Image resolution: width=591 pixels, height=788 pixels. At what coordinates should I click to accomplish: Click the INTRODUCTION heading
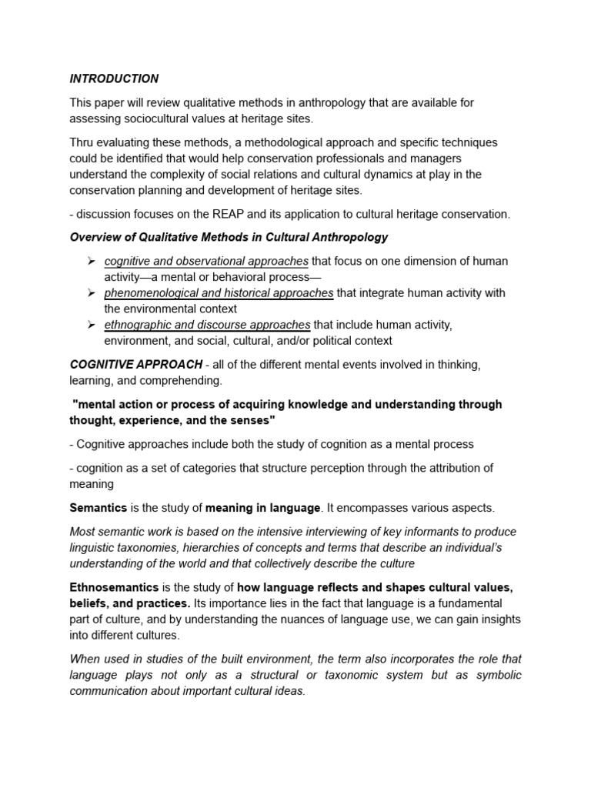[x=114, y=78]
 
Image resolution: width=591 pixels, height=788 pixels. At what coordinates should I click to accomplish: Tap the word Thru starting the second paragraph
[x=83, y=143]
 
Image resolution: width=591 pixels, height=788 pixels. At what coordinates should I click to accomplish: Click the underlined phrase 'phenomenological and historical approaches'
[x=219, y=293]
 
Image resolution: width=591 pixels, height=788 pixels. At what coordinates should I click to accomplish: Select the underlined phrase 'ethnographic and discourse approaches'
[x=208, y=325]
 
